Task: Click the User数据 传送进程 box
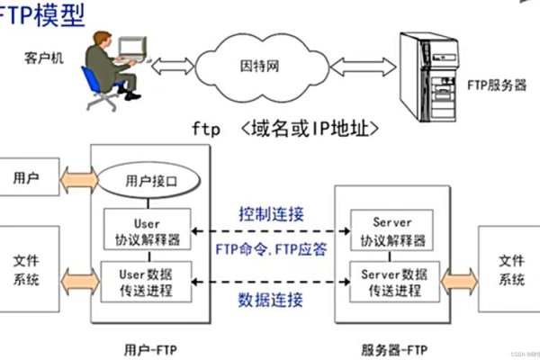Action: (148, 282)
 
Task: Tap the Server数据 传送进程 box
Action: (391, 282)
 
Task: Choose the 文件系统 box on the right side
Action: (510, 271)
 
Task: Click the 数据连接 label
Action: (271, 299)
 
